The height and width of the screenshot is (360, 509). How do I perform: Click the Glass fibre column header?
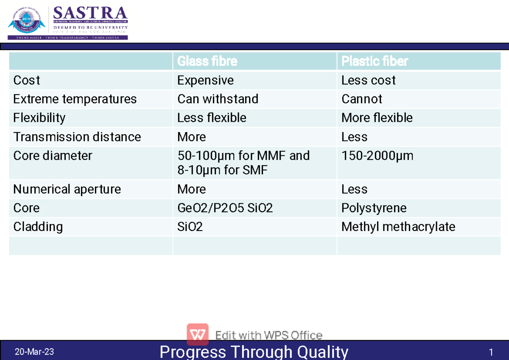[x=207, y=62]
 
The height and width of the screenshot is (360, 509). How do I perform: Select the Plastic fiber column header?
[x=375, y=62]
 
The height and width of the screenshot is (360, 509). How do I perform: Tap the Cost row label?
[x=27, y=80]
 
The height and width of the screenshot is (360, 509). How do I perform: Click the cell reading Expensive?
[x=205, y=80]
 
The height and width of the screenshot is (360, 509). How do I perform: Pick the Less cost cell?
[x=368, y=80]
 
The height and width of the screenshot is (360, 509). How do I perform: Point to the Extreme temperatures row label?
[x=75, y=99]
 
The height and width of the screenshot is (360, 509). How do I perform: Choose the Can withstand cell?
[x=218, y=99]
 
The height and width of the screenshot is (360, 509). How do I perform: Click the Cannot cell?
[x=361, y=99]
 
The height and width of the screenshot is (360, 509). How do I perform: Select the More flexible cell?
[x=377, y=118]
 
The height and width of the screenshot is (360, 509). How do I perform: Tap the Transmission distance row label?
[x=77, y=137]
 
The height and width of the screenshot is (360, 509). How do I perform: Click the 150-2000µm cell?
[x=377, y=156]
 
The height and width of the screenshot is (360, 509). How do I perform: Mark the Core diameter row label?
[x=53, y=156]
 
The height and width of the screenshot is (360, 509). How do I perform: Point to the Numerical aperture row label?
[x=67, y=189]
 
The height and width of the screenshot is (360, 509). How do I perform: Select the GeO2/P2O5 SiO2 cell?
[x=225, y=208]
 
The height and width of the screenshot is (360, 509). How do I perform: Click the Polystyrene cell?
[x=374, y=208]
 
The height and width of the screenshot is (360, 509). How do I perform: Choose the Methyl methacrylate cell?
[x=398, y=227]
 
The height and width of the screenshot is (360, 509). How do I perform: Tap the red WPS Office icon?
[x=198, y=334]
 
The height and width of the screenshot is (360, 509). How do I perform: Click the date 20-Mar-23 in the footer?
[x=34, y=352]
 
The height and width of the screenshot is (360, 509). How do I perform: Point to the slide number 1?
[x=491, y=352]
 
